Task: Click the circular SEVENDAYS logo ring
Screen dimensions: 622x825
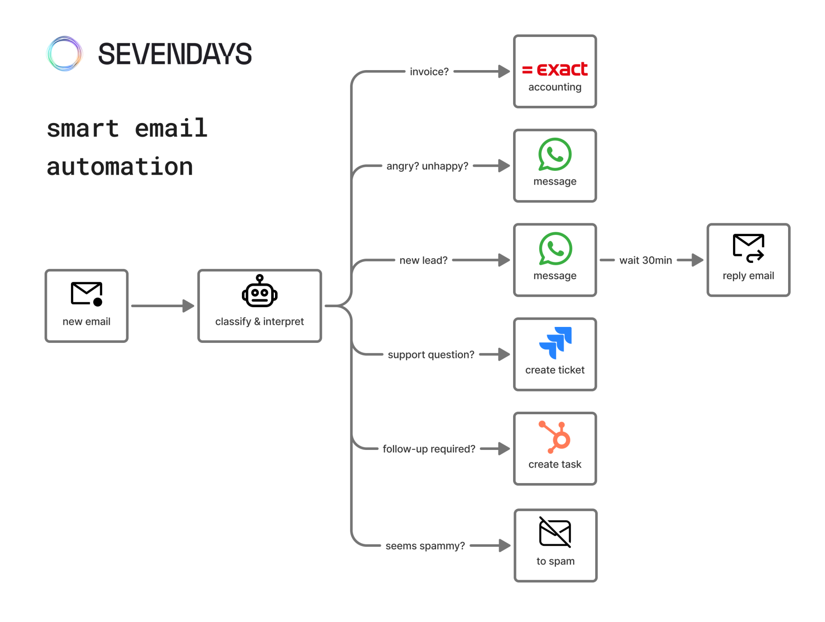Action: (64, 54)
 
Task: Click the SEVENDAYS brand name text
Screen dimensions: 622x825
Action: (174, 54)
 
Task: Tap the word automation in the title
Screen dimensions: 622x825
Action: (119, 167)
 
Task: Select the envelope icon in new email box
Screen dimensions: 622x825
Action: (86, 294)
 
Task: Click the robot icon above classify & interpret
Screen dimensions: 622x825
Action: (260, 291)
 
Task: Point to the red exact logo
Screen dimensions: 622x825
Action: (555, 69)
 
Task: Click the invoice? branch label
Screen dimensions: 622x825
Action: (429, 71)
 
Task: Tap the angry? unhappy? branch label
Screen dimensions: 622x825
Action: (427, 166)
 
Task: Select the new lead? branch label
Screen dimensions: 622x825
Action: (423, 260)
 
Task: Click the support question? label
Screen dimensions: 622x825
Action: (431, 354)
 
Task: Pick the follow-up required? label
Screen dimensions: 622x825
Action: (429, 449)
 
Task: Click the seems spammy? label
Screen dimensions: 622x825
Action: (425, 545)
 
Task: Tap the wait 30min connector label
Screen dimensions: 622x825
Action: (645, 260)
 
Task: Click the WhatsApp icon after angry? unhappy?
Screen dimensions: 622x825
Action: (555, 154)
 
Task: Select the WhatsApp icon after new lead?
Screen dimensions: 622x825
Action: (555, 249)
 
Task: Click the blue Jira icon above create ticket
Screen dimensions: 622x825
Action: (555, 342)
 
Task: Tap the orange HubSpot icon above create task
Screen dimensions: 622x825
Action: (555, 437)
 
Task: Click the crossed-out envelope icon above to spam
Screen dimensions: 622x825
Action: (555, 533)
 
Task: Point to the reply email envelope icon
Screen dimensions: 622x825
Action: (748, 248)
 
